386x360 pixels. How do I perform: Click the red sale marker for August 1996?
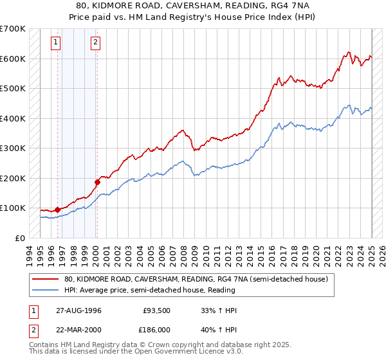[x=57, y=210]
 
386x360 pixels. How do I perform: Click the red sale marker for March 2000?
[x=97, y=182]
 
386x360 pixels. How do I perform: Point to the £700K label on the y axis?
[x=12, y=29]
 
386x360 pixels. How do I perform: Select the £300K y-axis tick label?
[x=12, y=148]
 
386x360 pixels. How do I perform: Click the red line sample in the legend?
[x=46, y=280]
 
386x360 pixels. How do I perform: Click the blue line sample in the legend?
[x=46, y=290]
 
